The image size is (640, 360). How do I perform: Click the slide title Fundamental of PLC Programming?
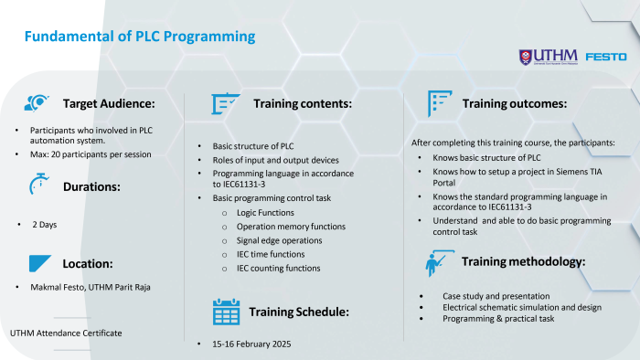pyautogui.click(x=139, y=37)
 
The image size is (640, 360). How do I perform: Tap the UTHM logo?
pyautogui.click(x=547, y=57)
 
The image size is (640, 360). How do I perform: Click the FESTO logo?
pyautogui.click(x=605, y=57)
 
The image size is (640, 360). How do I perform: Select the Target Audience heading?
pyautogui.click(x=115, y=104)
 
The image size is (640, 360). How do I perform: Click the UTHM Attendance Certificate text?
pyautogui.click(x=66, y=333)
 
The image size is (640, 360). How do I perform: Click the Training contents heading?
pyautogui.click(x=302, y=104)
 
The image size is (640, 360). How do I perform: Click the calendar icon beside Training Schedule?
pyautogui.click(x=225, y=312)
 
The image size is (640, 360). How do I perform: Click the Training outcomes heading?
pyautogui.click(x=515, y=104)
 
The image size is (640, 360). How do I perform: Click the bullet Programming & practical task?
pyautogui.click(x=496, y=320)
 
